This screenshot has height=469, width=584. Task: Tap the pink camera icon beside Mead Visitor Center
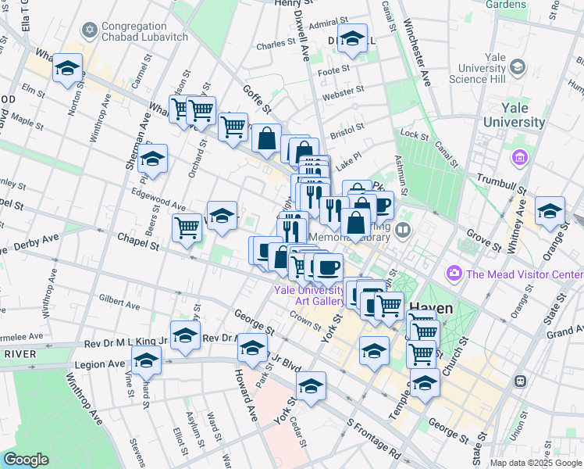coord(453,274)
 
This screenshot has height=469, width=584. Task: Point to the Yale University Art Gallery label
coord(309,295)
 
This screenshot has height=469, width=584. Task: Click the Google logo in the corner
coord(26,460)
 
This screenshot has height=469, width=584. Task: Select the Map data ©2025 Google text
coord(536,463)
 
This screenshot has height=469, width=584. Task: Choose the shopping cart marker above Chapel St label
coord(187,228)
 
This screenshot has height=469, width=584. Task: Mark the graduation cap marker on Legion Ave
coord(146,361)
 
